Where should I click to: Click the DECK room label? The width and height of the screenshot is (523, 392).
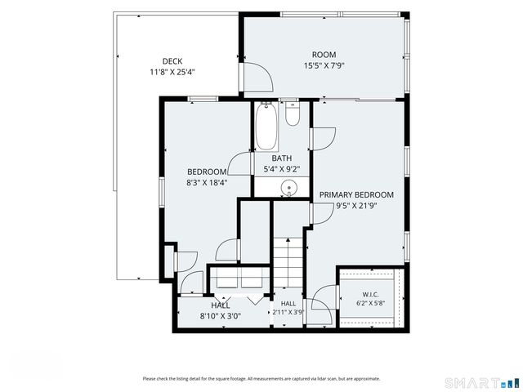click(172, 61)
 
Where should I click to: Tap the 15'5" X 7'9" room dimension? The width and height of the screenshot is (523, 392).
click(324, 65)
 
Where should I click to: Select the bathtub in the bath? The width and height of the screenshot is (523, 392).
click(266, 127)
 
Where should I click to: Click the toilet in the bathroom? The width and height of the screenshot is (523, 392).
click(293, 114)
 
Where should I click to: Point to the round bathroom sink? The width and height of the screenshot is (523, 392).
click(288, 188)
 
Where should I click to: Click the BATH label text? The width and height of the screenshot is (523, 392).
click(281, 158)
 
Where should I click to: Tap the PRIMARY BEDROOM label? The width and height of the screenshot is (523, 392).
click(356, 194)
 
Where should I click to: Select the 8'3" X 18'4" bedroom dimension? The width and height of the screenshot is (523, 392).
click(207, 182)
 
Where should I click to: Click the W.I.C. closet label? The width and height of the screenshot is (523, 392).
click(370, 295)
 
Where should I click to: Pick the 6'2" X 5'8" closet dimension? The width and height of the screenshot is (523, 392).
click(370, 303)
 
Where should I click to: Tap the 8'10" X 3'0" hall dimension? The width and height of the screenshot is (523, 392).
click(220, 316)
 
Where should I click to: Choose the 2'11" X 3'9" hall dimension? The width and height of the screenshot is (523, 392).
click(288, 312)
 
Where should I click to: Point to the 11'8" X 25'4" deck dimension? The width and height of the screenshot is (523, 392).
click(172, 72)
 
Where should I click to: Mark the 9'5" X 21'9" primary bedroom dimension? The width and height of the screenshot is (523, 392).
click(356, 206)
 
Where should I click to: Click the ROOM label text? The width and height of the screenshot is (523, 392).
click(324, 55)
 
